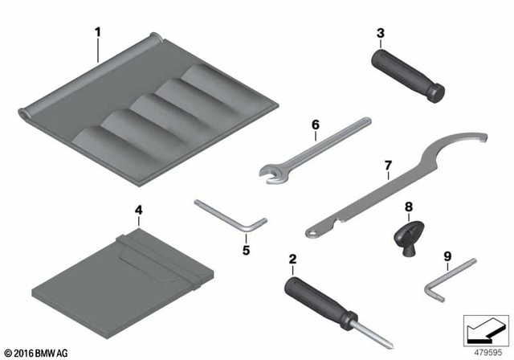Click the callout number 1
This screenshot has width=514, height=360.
coord(97,33)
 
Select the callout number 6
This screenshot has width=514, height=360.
coord(316,125)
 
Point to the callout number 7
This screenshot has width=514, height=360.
coord(387,166)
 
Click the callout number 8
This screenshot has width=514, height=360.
coord(409,207)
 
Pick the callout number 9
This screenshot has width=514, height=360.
coord(447,258)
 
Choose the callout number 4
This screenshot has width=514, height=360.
coord(138,211)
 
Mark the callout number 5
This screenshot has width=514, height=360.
coord(247,250)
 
